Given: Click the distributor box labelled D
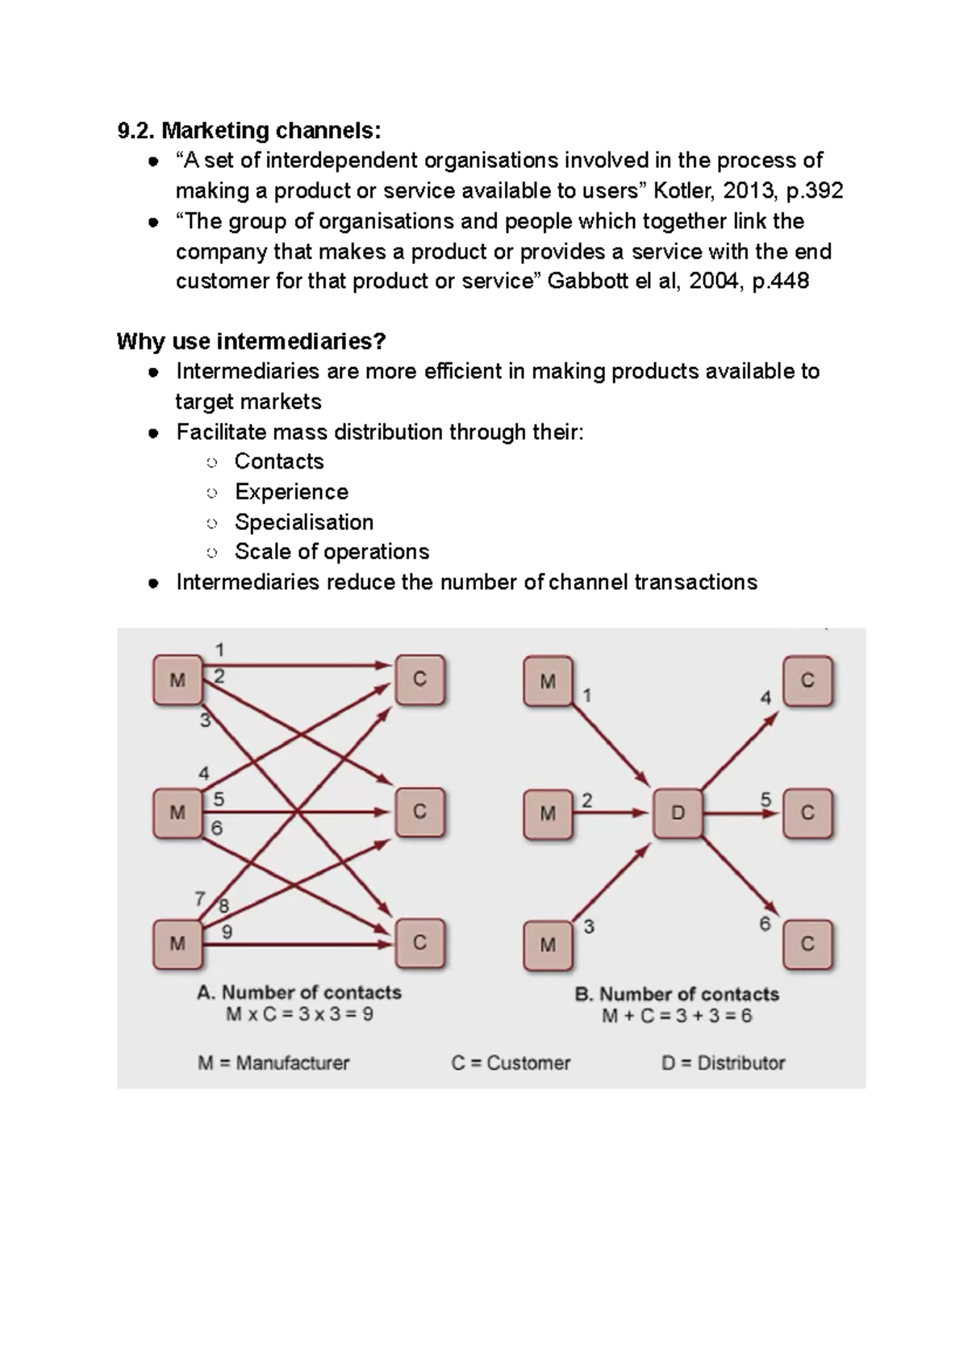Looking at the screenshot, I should [x=678, y=813].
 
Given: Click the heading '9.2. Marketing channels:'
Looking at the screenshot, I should [x=248, y=130].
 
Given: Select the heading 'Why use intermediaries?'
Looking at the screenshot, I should [x=252, y=341].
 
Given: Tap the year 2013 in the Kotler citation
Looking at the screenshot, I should [x=749, y=191].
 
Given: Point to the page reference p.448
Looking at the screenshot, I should [x=780, y=282].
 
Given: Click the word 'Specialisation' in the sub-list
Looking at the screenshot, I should [x=304, y=522].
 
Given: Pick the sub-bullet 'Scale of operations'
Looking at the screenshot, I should [x=332, y=552].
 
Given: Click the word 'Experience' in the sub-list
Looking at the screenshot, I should [x=291, y=492].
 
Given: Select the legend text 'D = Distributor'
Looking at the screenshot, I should [x=723, y=1063].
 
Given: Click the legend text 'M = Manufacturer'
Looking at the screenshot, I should [x=273, y=1063].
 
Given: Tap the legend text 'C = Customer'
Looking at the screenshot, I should [x=511, y=1063].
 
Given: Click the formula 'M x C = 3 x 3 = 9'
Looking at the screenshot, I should [x=299, y=1014].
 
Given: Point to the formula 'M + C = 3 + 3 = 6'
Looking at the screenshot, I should [x=677, y=1015].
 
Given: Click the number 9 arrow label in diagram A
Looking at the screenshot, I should [x=227, y=932].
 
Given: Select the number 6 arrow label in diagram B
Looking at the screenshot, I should [x=765, y=924].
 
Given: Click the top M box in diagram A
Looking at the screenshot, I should [x=177, y=680].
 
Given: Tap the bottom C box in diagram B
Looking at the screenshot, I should [x=807, y=943].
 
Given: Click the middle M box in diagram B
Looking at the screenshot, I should [x=548, y=813].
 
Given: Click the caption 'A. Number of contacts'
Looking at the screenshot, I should [x=299, y=992].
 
